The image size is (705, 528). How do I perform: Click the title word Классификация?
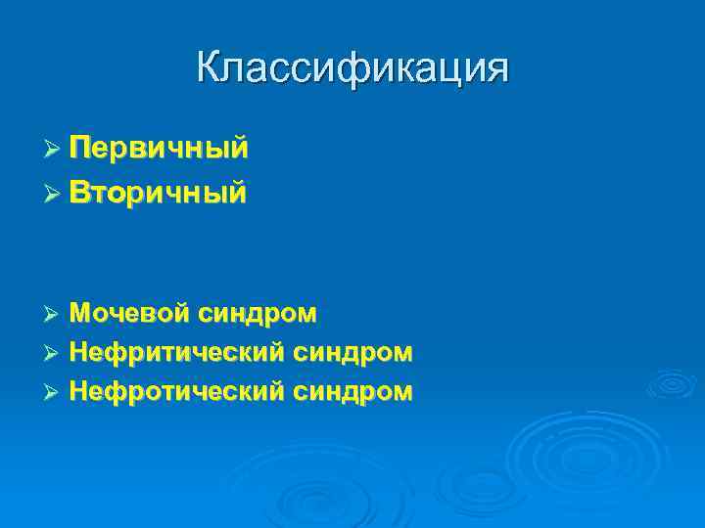coord(352,69)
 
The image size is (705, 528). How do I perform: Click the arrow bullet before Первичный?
coord(54,150)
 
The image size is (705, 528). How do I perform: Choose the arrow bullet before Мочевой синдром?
coord(54,314)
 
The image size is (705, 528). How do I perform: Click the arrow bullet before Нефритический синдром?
coord(54,352)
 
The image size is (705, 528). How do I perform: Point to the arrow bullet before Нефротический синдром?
coord(54,392)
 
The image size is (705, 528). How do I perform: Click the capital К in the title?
coord(209,67)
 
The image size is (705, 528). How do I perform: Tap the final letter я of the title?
coord(496,69)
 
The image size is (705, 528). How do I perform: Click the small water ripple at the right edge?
coord(676,382)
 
